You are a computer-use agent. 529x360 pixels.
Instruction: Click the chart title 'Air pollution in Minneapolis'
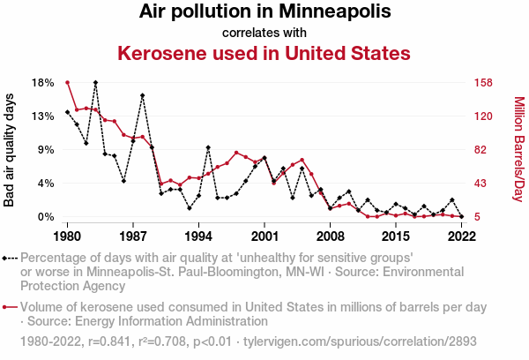pos(264,12)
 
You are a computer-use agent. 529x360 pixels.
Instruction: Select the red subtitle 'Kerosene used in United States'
pos(264,53)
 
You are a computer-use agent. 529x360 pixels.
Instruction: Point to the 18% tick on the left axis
pos(43,82)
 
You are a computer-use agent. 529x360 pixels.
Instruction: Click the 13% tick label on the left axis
pos(43,116)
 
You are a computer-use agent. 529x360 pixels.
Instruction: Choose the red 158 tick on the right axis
pos(482,82)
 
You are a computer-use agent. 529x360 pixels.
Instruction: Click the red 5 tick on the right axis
pos(476,216)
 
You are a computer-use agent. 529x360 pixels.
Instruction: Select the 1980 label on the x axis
pos(67,236)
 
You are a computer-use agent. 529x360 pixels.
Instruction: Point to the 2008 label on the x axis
pos(330,236)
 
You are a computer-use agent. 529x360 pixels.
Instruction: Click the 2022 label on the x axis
pos(461,236)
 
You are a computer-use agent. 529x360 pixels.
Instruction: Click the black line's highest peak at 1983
pos(95,82)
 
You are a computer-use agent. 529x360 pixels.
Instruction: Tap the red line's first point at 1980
pos(67,82)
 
